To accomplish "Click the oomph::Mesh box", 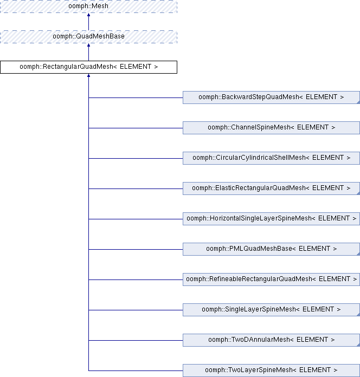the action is pyautogui.click(x=88, y=6).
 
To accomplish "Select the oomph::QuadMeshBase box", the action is pyautogui.click(x=88, y=37).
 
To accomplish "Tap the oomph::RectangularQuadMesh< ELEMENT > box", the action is pyautogui.click(x=88, y=67).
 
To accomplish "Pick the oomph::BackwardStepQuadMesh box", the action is pyautogui.click(x=271, y=97).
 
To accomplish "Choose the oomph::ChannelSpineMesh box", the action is pyautogui.click(x=271, y=128).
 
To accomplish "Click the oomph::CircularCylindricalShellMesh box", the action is pyautogui.click(x=271, y=158).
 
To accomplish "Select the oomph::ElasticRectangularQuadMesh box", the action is pyautogui.click(x=271, y=188).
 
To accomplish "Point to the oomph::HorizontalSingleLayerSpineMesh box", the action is pyautogui.click(x=271, y=218).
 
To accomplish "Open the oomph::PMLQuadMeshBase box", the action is pyautogui.click(x=271, y=249).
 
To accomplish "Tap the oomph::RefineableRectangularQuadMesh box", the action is pyautogui.click(x=271, y=279).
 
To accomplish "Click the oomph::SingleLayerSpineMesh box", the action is pyautogui.click(x=271, y=309).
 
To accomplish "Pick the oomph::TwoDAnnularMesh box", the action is pyautogui.click(x=271, y=340).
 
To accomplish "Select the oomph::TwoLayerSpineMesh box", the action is pyautogui.click(x=271, y=370).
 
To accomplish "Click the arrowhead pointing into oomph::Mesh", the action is pyautogui.click(x=88, y=15).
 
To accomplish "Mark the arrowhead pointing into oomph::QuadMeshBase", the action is pyautogui.click(x=88, y=45).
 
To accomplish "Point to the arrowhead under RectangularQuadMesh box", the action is pyautogui.click(x=88, y=75).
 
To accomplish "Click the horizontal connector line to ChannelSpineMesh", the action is pyautogui.click(x=136, y=128).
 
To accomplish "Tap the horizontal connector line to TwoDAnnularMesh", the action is pyautogui.click(x=136, y=340).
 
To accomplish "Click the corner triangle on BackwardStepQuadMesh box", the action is pyautogui.click(x=358, y=102).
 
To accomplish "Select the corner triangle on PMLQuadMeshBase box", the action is pyautogui.click(x=358, y=254).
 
